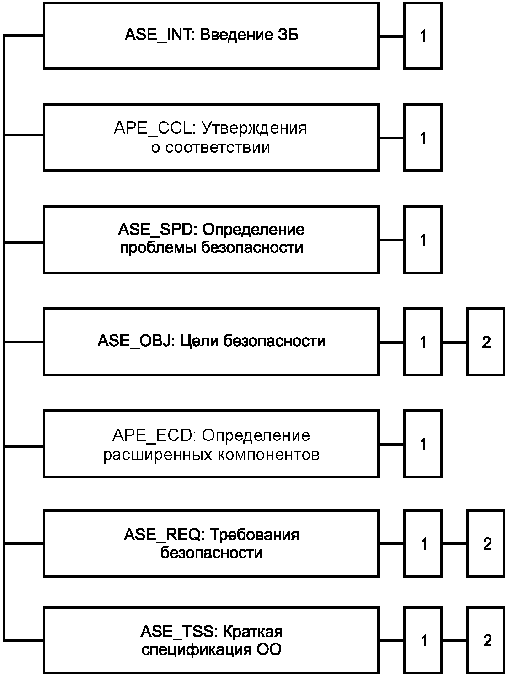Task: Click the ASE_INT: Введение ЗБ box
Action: point(211,36)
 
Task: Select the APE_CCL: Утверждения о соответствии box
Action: point(211,138)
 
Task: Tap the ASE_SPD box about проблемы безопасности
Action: point(211,240)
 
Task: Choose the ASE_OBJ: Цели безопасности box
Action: point(211,342)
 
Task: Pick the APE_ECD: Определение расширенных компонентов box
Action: point(211,444)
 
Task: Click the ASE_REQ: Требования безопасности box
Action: point(211,543)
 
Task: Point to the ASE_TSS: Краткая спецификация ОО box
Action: point(211,640)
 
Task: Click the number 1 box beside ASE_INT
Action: point(423,36)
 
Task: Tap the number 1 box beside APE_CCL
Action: point(423,138)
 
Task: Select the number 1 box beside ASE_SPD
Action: point(423,240)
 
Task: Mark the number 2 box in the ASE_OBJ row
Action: point(486,342)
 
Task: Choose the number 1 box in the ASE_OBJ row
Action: point(423,342)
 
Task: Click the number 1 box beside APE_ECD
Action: point(423,444)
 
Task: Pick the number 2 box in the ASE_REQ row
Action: point(486,543)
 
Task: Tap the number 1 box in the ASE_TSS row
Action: point(423,640)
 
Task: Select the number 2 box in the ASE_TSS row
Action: point(486,640)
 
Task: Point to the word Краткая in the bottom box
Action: point(252,632)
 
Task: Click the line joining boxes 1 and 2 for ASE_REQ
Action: point(454,544)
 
